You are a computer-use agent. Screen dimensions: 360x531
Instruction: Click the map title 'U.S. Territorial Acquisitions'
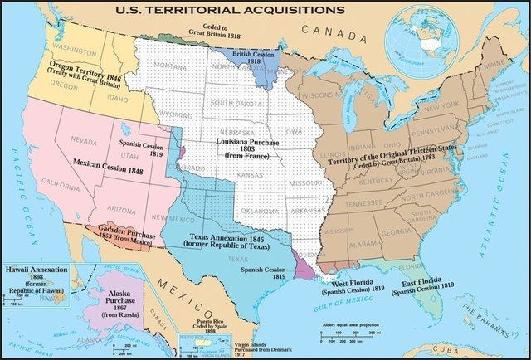(208, 10)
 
